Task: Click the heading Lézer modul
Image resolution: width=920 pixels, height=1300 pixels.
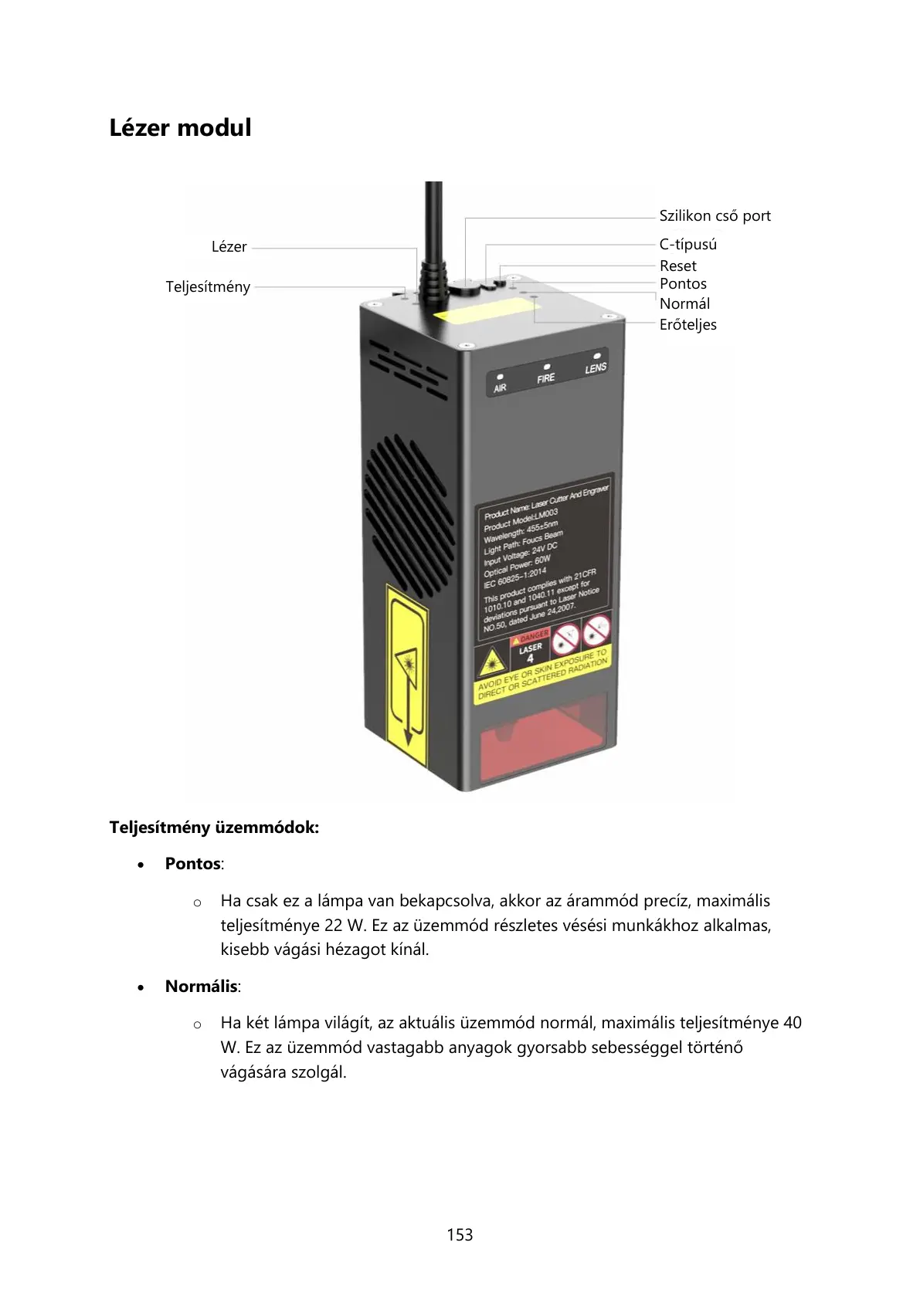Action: click(180, 127)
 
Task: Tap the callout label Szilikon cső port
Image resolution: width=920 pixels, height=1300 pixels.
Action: click(715, 216)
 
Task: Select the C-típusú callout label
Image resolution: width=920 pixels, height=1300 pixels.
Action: click(687, 245)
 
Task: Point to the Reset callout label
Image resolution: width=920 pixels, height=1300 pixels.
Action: click(677, 266)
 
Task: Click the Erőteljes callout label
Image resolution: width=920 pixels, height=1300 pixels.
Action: click(687, 325)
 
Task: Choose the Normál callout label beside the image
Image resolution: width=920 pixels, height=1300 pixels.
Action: click(684, 304)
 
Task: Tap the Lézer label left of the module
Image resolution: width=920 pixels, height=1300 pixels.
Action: click(229, 247)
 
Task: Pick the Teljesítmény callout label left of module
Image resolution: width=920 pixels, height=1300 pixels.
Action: click(208, 287)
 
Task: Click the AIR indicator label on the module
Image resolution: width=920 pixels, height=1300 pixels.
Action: click(501, 387)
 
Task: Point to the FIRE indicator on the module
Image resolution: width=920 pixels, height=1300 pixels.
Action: click(546, 377)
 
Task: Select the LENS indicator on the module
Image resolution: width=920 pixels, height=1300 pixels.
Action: click(596, 367)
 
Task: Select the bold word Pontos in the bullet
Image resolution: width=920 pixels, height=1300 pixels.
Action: click(193, 864)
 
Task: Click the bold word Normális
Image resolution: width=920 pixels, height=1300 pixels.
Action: click(201, 987)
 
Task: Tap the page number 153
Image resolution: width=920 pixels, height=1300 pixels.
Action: click(460, 1235)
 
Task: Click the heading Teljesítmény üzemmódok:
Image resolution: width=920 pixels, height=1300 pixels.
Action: click(214, 828)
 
